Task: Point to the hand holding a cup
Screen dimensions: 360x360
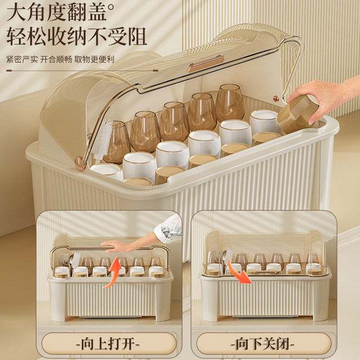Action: point(326,96)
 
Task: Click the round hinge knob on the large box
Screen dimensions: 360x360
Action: point(81,164)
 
